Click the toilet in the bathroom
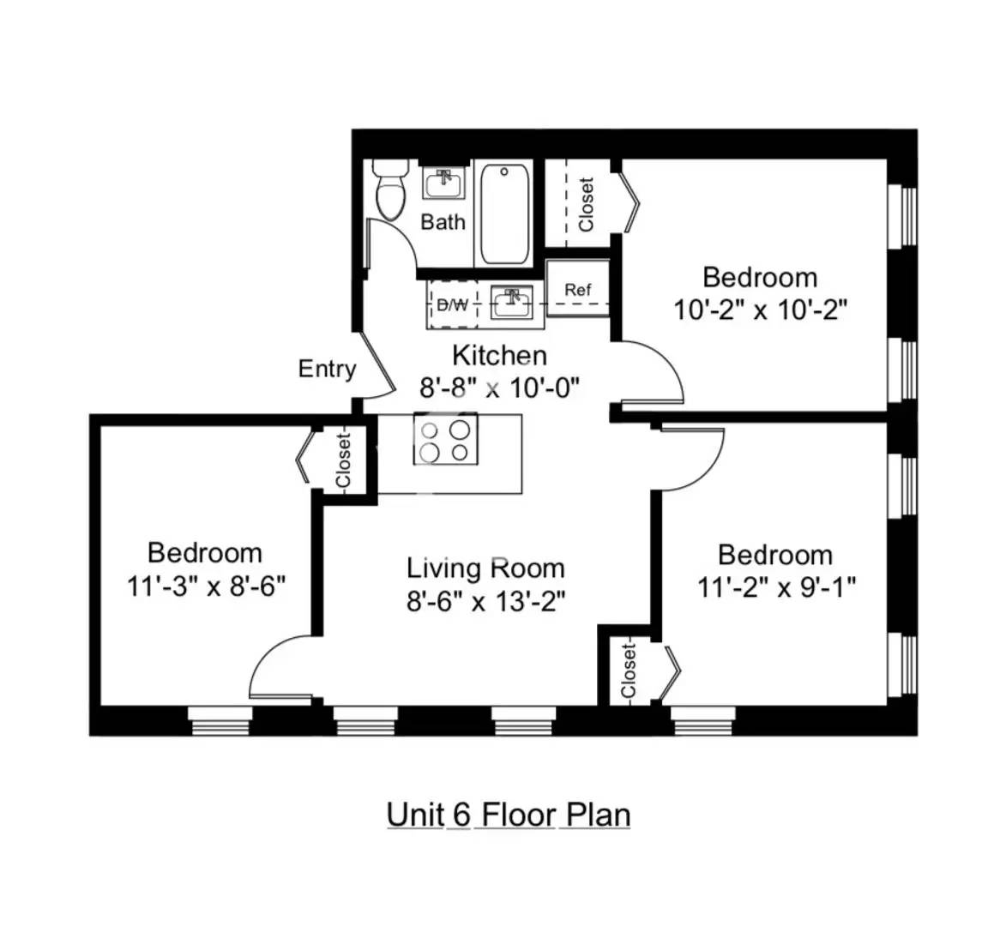[391, 190]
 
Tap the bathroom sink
[444, 183]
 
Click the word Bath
[443, 223]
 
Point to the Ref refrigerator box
[578, 290]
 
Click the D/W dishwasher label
[453, 304]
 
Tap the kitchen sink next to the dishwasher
[513, 302]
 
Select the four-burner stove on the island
[446, 439]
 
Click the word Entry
[327, 370]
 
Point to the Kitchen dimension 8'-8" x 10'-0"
[500, 388]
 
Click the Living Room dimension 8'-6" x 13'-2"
[486, 601]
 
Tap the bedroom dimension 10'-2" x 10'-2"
[760, 310]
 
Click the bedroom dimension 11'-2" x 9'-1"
[775, 587]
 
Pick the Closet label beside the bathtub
[586, 204]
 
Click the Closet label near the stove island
[344, 461]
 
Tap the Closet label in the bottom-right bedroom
[629, 671]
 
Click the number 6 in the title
[461, 814]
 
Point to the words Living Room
[485, 568]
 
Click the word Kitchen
[499, 355]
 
